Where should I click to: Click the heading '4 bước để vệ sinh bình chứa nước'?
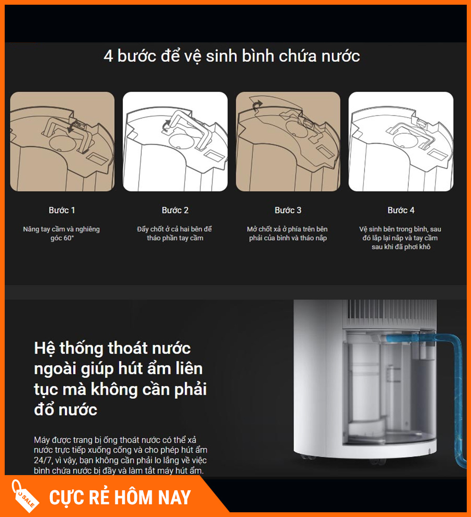click(232, 57)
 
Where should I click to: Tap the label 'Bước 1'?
click(62, 210)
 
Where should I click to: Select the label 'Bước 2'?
click(175, 210)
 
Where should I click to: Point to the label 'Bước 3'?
click(288, 210)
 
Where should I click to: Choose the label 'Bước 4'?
click(401, 210)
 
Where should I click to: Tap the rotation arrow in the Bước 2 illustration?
click(166, 125)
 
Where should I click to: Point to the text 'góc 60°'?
click(62, 238)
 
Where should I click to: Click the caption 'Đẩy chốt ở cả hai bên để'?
click(174, 229)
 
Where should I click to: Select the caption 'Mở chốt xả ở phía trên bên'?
click(287, 229)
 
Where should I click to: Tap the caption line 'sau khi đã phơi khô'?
click(401, 247)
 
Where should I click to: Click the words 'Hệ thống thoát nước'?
click(113, 348)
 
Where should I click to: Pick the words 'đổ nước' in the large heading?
click(65, 410)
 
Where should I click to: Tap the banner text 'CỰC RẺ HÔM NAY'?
click(120, 498)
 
